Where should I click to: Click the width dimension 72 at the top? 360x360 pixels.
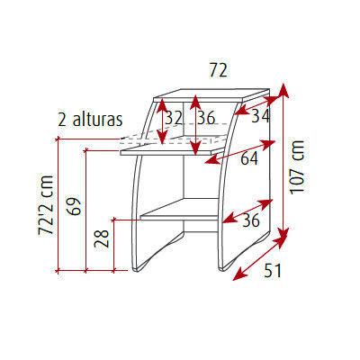click(x=218, y=70)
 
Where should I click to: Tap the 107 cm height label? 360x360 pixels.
click(x=297, y=167)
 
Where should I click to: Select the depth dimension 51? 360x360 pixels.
click(x=273, y=271)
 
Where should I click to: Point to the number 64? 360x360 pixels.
click(x=249, y=158)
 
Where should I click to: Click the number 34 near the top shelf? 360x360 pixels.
click(x=260, y=116)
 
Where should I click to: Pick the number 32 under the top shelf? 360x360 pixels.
click(x=174, y=118)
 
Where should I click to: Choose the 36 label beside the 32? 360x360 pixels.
click(x=206, y=118)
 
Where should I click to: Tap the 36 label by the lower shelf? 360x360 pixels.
click(x=251, y=220)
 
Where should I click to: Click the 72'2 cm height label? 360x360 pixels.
click(x=46, y=205)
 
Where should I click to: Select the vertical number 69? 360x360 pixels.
click(x=74, y=206)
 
